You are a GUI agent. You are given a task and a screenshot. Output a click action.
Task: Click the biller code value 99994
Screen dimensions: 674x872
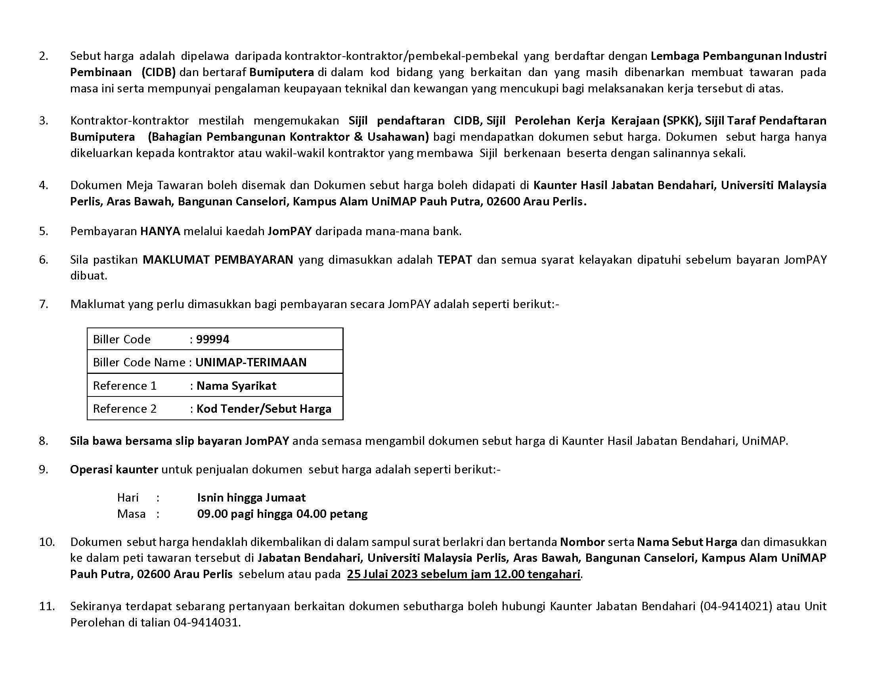click(213, 339)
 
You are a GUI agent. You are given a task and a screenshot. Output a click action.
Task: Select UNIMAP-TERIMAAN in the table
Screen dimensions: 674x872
click(251, 362)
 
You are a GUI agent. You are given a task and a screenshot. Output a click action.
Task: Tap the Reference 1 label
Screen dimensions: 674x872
click(124, 386)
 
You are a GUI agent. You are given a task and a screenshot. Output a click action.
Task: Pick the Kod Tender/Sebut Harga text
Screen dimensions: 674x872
click(264, 409)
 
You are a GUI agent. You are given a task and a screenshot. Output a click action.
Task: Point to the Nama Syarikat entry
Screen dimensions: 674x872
click(236, 386)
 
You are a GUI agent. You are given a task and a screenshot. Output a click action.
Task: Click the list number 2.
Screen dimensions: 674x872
click(44, 56)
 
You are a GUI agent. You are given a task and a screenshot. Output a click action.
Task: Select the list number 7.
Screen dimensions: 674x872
click(44, 304)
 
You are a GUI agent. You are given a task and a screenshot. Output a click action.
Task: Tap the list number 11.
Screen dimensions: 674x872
click(46, 606)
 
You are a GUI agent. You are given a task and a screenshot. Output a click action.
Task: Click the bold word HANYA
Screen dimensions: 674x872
click(160, 231)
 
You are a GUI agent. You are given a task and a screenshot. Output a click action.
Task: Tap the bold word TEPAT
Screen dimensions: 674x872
click(455, 260)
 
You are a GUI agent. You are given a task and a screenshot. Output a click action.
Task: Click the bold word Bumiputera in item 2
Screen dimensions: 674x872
click(281, 72)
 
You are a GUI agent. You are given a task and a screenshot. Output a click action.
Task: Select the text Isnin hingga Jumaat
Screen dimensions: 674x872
click(251, 498)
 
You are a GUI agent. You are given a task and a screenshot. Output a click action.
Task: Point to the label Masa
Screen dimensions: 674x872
click(131, 514)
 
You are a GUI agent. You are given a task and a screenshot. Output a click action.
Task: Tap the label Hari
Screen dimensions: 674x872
click(128, 498)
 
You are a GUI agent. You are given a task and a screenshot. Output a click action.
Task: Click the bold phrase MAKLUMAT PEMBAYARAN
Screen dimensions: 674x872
click(218, 260)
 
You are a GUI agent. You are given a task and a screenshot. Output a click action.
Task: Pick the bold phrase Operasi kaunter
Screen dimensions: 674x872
click(114, 469)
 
